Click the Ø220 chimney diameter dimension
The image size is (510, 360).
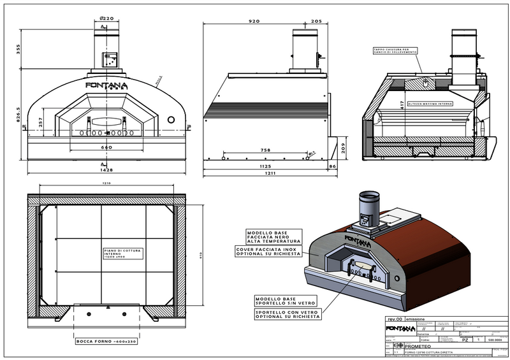(107, 18)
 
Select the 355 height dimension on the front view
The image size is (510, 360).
(19, 48)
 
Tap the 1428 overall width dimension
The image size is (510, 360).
(107, 171)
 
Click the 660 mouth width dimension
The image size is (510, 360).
(107, 148)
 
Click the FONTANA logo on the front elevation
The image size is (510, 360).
(106, 85)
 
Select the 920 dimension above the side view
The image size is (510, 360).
(254, 22)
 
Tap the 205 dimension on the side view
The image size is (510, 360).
(317, 22)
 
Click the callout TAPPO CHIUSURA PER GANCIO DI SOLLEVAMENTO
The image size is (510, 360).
(395, 51)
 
